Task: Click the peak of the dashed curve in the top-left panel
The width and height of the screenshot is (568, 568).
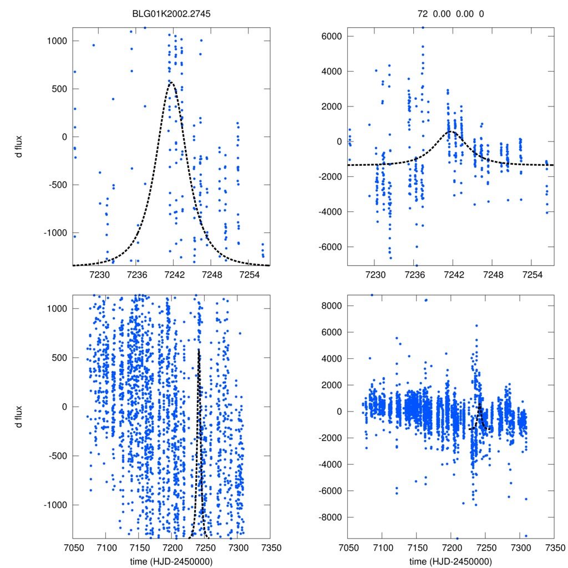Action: (171, 83)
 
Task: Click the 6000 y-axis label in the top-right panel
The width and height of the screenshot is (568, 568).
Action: (332, 37)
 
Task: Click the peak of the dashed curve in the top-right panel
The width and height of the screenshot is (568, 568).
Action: (452, 132)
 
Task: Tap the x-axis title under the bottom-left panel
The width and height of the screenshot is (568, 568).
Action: (171, 561)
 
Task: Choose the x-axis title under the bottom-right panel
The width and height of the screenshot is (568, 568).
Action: (450, 561)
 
